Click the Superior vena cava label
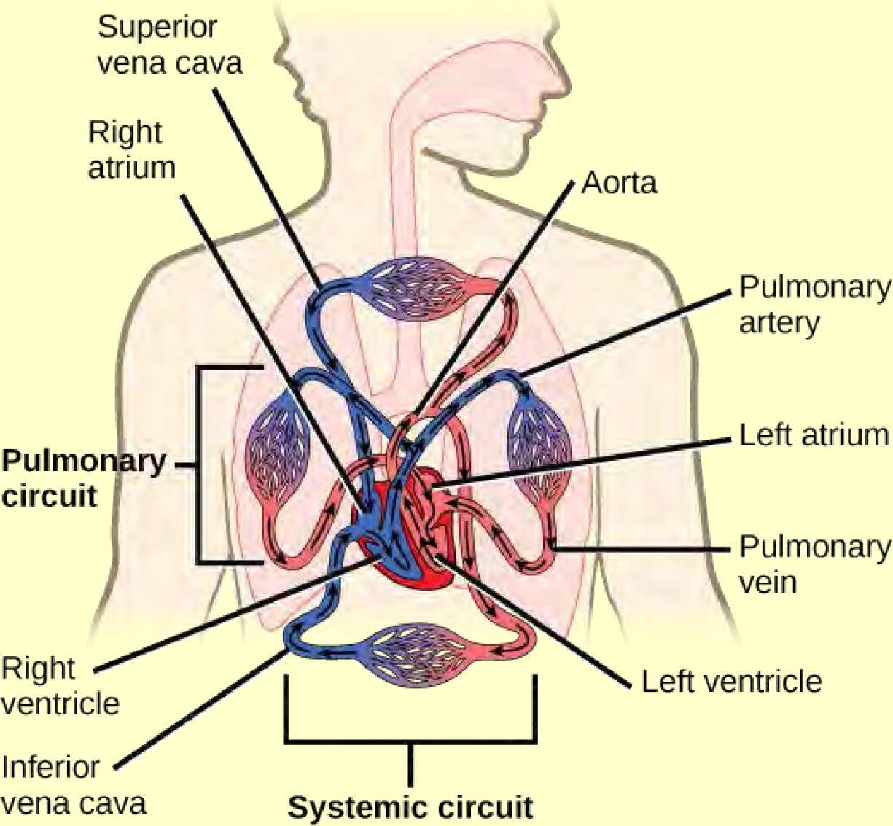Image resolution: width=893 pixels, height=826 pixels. tap(169, 45)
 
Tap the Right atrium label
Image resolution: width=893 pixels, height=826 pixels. tap(131, 149)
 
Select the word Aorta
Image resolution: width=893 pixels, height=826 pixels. tap(619, 183)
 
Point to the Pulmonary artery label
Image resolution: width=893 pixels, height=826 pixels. tap(813, 304)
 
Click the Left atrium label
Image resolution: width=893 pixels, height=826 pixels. tap(814, 435)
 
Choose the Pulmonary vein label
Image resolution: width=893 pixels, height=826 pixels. tap(814, 564)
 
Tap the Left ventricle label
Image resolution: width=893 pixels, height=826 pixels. tap(731, 682)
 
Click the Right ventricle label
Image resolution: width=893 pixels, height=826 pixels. tap(60, 686)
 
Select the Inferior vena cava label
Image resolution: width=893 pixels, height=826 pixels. tap(73, 785)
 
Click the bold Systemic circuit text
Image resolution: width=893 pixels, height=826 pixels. tap(410, 808)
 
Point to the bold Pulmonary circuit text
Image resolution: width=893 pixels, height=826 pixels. tap(84, 478)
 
